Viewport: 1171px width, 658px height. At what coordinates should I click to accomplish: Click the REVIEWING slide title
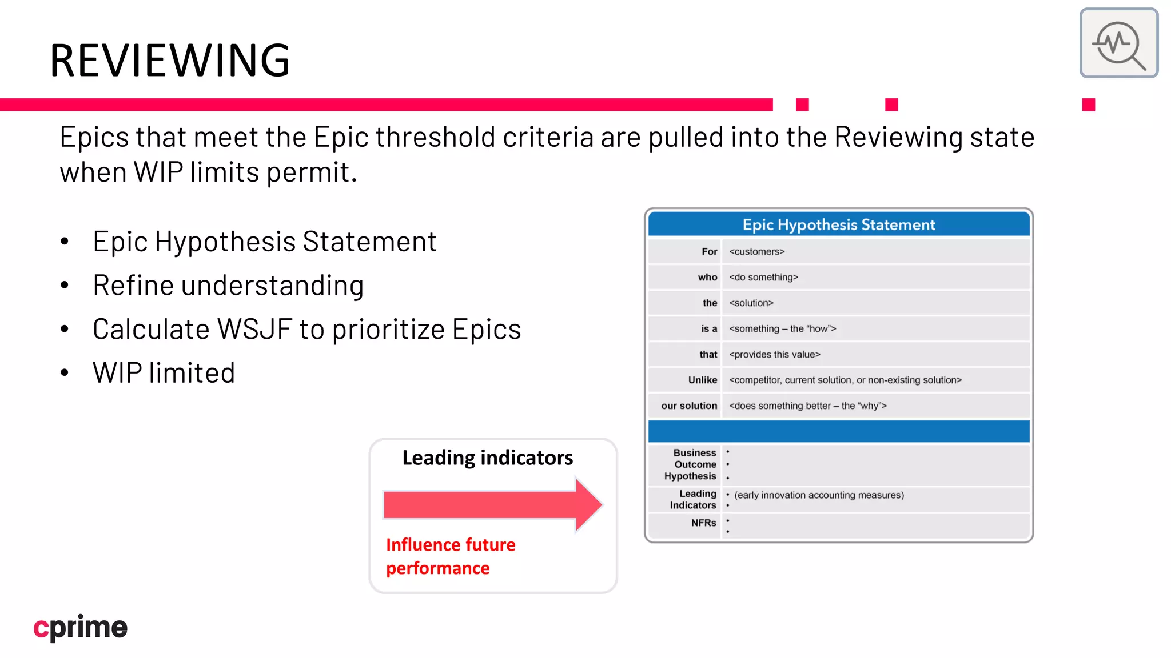click(170, 60)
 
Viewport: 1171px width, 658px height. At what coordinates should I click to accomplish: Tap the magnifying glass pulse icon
click(1118, 43)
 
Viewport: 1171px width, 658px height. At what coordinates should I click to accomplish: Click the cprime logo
click(81, 627)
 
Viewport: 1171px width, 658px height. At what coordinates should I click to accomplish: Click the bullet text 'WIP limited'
click(164, 373)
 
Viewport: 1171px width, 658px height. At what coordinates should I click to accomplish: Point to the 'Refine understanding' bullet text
click(228, 286)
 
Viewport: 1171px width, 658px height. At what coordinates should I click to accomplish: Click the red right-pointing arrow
click(492, 505)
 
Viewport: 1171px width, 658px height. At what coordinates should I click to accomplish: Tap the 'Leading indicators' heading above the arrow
click(487, 458)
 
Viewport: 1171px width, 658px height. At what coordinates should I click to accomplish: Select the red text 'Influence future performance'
click(450, 556)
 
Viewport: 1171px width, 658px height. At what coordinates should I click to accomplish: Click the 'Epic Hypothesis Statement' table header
click(838, 224)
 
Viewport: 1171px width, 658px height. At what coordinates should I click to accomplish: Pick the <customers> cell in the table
click(756, 251)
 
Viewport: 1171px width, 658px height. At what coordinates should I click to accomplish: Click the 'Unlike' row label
click(702, 380)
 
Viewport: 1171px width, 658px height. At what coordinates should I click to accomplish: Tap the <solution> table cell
click(751, 303)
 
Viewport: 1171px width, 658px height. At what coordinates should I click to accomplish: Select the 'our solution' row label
click(688, 406)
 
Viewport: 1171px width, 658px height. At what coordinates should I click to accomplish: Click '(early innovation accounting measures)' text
click(819, 495)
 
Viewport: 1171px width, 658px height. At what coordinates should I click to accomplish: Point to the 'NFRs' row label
click(703, 523)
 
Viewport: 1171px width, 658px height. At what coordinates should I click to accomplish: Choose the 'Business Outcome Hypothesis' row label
click(690, 464)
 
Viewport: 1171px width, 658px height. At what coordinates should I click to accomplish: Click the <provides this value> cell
click(774, 354)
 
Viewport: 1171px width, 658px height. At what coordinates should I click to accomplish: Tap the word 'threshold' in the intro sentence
click(435, 137)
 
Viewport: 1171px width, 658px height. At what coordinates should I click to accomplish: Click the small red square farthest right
click(1088, 105)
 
